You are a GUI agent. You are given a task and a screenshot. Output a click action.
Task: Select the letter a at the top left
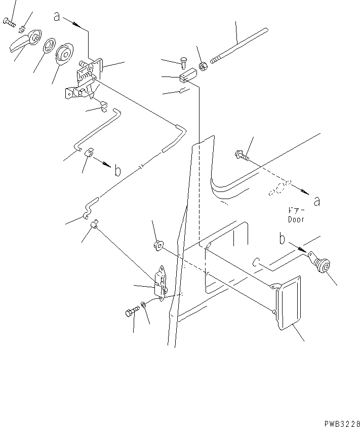click(x=57, y=17)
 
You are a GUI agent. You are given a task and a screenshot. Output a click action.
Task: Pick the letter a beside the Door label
click(x=316, y=201)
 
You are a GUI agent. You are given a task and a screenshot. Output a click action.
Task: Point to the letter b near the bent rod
click(x=117, y=171)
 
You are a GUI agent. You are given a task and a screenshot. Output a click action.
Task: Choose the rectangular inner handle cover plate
click(x=287, y=304)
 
